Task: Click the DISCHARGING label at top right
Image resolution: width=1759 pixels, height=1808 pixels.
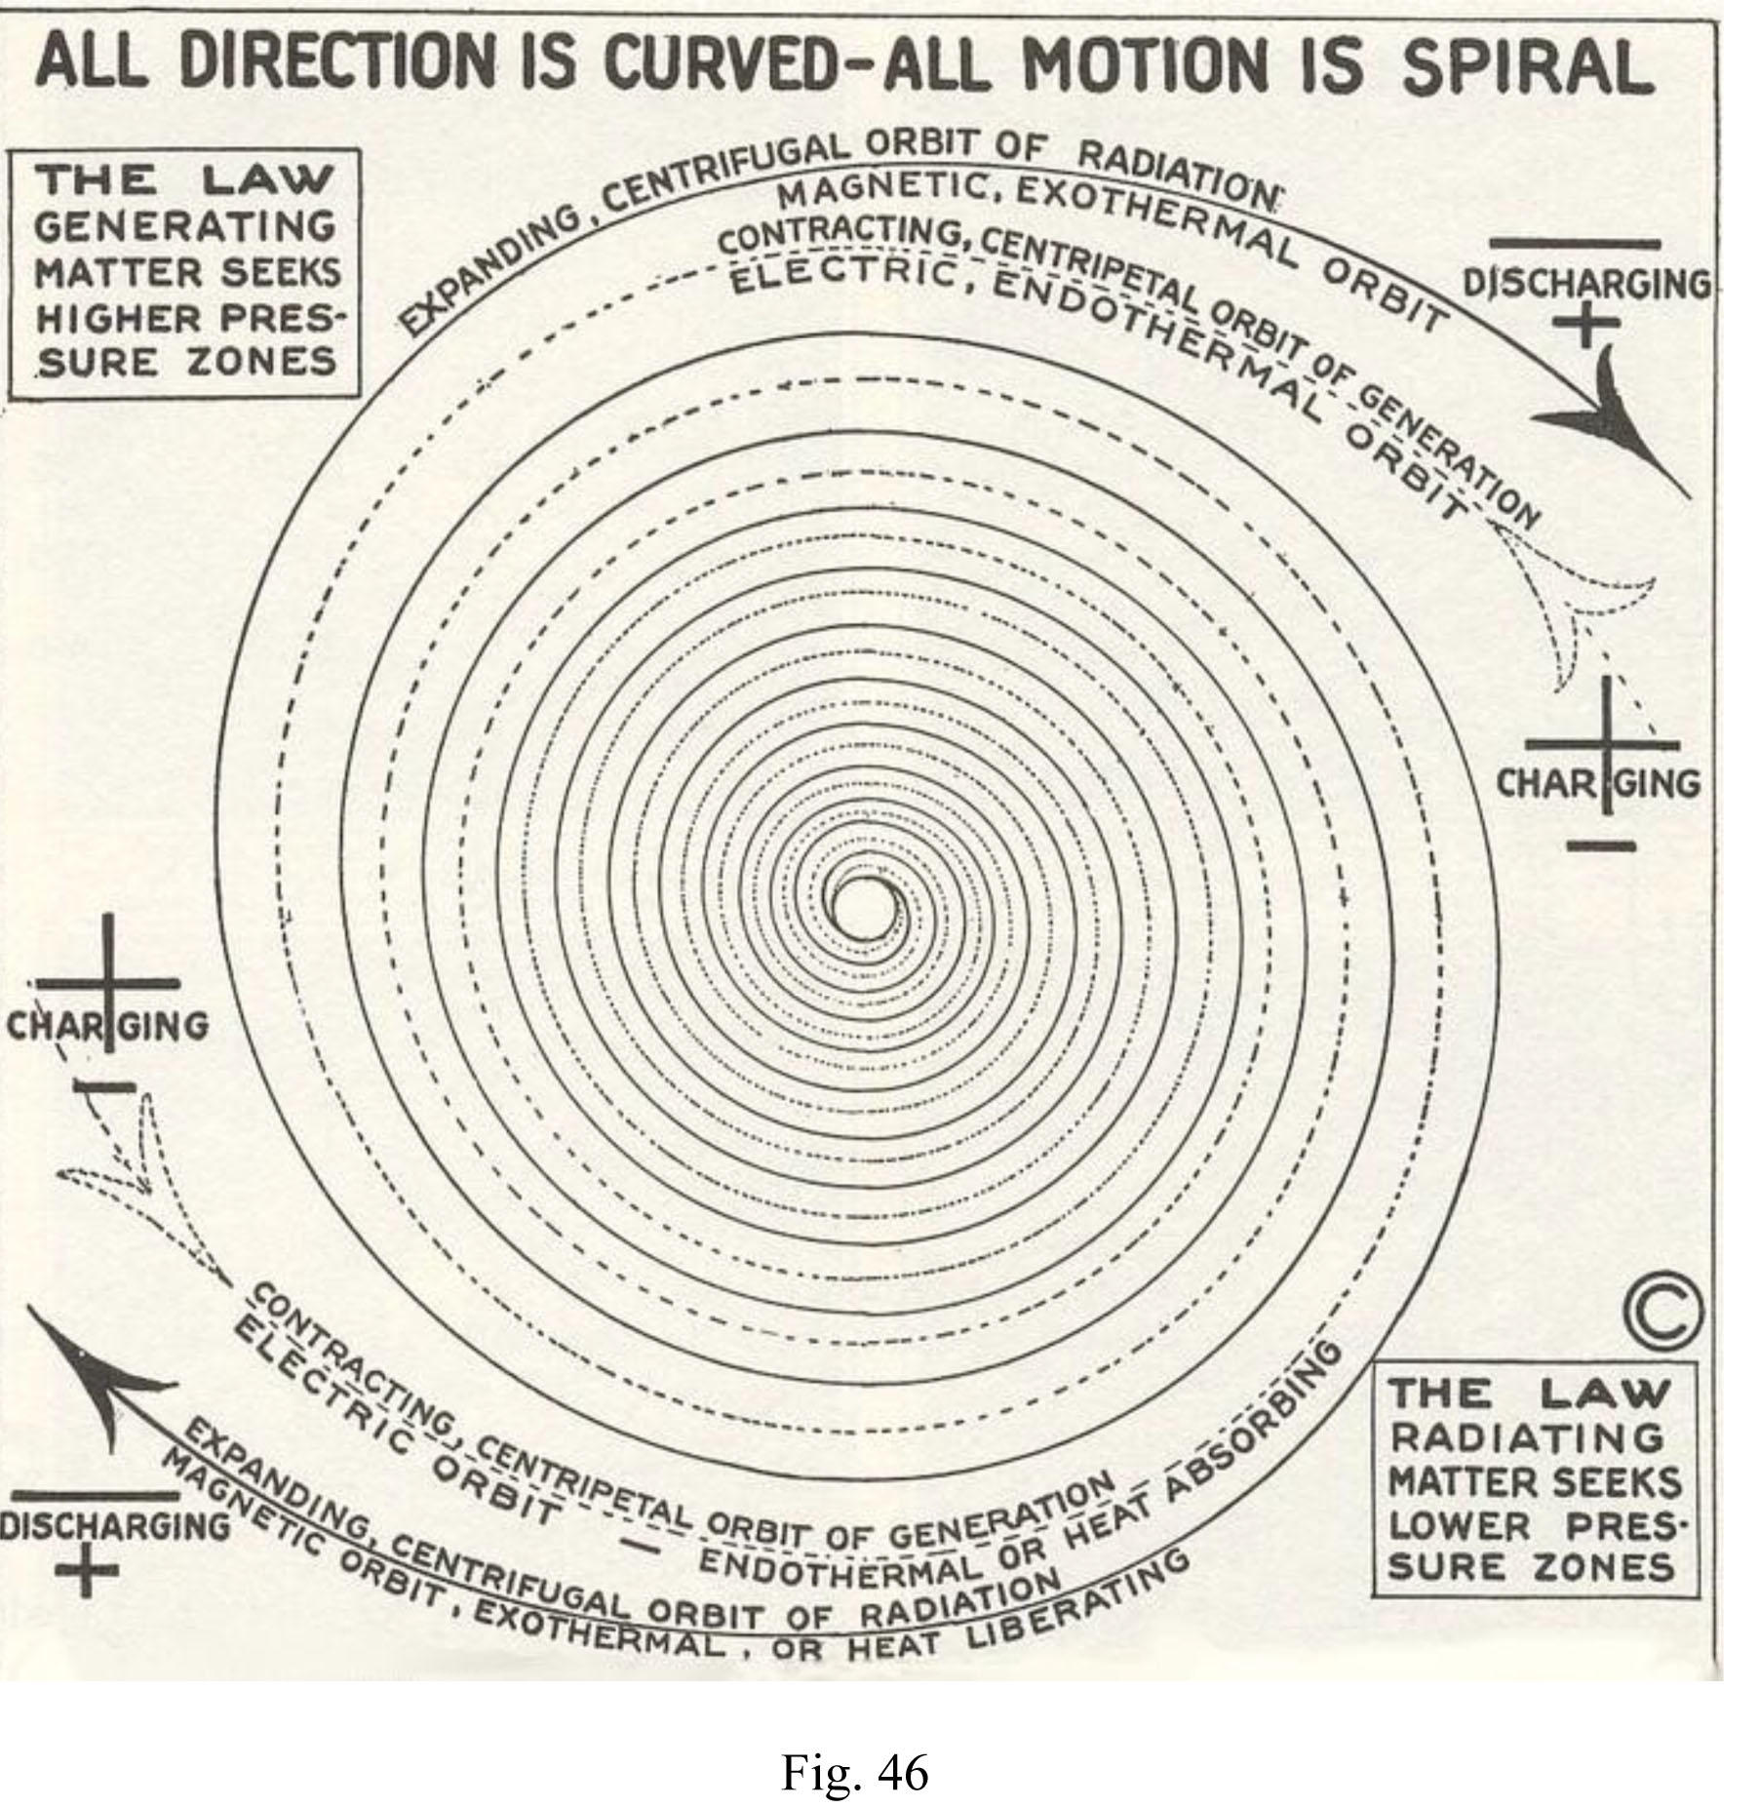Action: [1587, 284]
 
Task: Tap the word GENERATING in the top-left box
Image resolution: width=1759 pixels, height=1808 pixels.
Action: [185, 226]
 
